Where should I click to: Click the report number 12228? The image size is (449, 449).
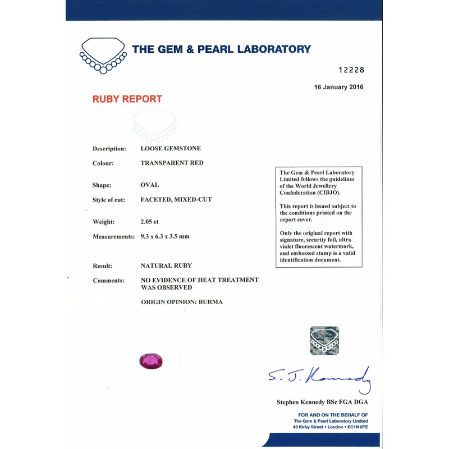(351, 70)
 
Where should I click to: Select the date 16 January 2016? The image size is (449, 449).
(338, 87)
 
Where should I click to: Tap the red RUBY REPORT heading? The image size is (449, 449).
(127, 99)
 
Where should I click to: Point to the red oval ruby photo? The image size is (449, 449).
(150, 361)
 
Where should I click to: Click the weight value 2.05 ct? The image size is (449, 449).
(150, 222)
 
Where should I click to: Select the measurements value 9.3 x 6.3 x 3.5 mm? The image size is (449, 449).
(165, 236)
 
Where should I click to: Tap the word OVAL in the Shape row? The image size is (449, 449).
(149, 185)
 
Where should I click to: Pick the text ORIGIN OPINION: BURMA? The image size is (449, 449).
(181, 302)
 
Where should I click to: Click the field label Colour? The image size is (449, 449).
(103, 163)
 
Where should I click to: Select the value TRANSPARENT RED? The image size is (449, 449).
(172, 163)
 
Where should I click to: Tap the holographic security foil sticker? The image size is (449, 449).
(324, 341)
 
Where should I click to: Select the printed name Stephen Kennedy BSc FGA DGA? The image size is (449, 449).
(322, 402)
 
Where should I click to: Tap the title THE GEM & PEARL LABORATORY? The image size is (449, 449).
(221, 49)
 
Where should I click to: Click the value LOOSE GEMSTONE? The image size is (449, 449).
(171, 149)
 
